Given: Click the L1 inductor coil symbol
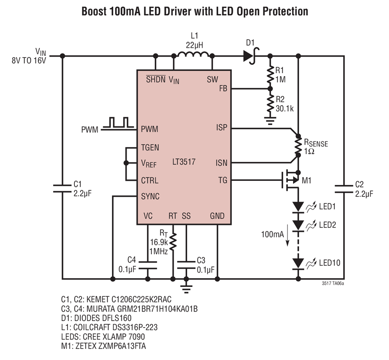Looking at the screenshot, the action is [193, 54].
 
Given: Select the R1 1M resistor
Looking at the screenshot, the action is [270, 74].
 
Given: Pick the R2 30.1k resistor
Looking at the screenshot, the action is [270, 103].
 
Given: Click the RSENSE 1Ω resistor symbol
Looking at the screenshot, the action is [298, 145].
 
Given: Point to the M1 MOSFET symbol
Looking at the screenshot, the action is [291, 180].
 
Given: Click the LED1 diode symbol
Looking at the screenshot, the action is [298, 207].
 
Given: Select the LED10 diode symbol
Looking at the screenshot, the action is [298, 264].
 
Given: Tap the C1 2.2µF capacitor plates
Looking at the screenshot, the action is [62, 189].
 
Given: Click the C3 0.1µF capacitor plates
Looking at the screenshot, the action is [186, 265].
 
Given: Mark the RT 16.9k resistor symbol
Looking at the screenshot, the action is [173, 241].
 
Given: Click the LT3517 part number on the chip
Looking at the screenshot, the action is [184, 162].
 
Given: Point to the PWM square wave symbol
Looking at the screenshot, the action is [118, 122].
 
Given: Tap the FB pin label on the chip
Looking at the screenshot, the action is [223, 88].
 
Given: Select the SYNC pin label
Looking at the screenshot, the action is [150, 196].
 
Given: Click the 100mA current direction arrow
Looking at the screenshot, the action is [287, 235].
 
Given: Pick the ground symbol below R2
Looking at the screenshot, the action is [270, 121].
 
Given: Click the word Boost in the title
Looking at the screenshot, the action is [94, 11].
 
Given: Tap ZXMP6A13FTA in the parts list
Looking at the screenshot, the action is [122, 346].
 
